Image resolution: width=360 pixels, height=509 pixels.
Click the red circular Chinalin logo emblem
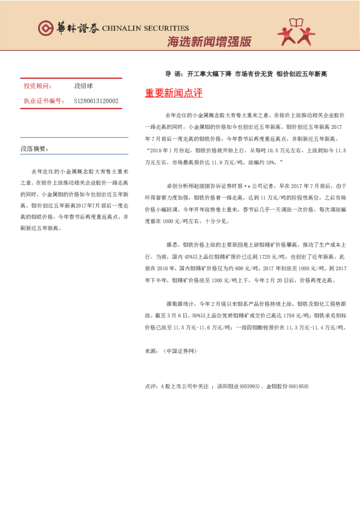(x=46, y=28)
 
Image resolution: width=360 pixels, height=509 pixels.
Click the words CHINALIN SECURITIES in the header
(x=145, y=28)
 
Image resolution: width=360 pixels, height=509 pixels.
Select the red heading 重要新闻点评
(x=174, y=94)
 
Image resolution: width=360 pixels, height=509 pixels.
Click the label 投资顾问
(x=38, y=86)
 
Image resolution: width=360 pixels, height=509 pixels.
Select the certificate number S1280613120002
(x=96, y=101)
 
